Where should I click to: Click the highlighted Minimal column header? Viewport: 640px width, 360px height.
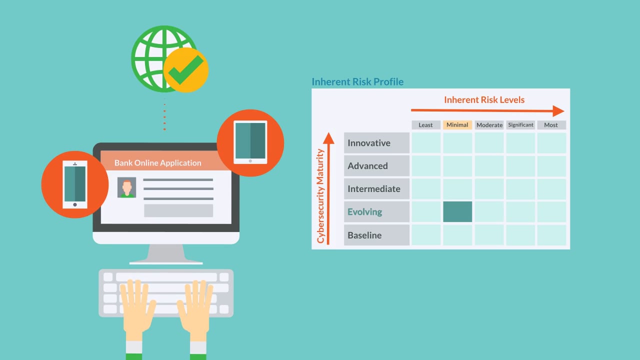(x=457, y=125)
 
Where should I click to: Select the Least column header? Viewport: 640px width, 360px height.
(x=425, y=125)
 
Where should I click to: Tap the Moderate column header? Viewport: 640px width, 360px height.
(x=489, y=125)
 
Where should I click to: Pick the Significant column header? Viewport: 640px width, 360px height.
(x=520, y=125)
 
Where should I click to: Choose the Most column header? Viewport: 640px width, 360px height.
(x=551, y=125)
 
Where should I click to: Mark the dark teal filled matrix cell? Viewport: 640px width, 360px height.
(x=457, y=211)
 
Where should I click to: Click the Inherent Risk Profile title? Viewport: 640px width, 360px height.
(x=357, y=81)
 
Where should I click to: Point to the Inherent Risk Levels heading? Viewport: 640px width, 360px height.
(x=484, y=99)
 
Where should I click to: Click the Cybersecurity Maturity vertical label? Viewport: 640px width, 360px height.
(x=320, y=196)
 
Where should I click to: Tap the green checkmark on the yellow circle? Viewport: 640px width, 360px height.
(x=185, y=69)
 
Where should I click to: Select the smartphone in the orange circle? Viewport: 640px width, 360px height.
(x=75, y=184)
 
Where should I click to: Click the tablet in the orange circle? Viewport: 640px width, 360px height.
(x=250, y=142)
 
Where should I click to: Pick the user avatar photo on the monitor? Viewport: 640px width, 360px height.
(x=126, y=187)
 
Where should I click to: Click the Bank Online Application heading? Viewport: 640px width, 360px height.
(x=157, y=163)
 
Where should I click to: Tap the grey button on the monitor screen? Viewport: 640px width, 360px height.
(x=178, y=210)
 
